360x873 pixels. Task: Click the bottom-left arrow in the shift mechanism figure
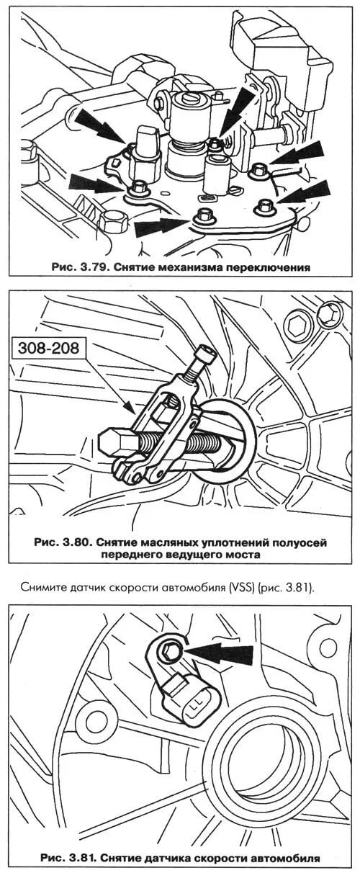(96, 184)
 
